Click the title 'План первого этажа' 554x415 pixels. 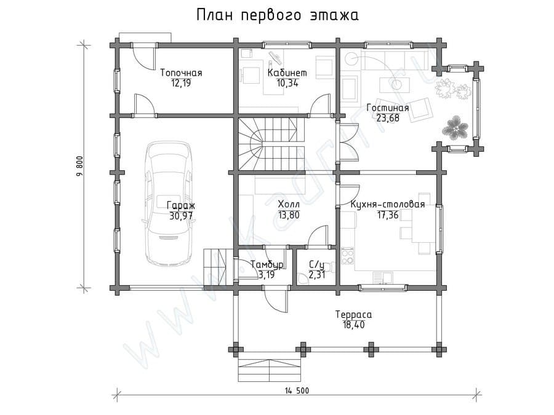[278, 15]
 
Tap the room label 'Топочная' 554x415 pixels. [181, 73]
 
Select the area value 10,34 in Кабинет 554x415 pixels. [287, 83]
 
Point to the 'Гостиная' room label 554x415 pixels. [388, 108]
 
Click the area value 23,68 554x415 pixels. [388, 118]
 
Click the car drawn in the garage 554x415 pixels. [170, 203]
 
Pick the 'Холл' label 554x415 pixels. [289, 204]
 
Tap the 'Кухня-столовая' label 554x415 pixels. [388, 204]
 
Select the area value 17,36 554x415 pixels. [388, 215]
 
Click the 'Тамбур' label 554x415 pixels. [267, 264]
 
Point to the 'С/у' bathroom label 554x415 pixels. [316, 264]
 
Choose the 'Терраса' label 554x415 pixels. [354, 314]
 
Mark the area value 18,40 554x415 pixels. [353, 325]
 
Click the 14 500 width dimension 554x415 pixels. [297, 390]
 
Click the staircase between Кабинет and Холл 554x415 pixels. [271, 144]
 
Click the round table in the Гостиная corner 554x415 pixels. [351, 58]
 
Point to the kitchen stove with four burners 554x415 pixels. [347, 256]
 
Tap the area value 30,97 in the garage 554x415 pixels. [181, 216]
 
